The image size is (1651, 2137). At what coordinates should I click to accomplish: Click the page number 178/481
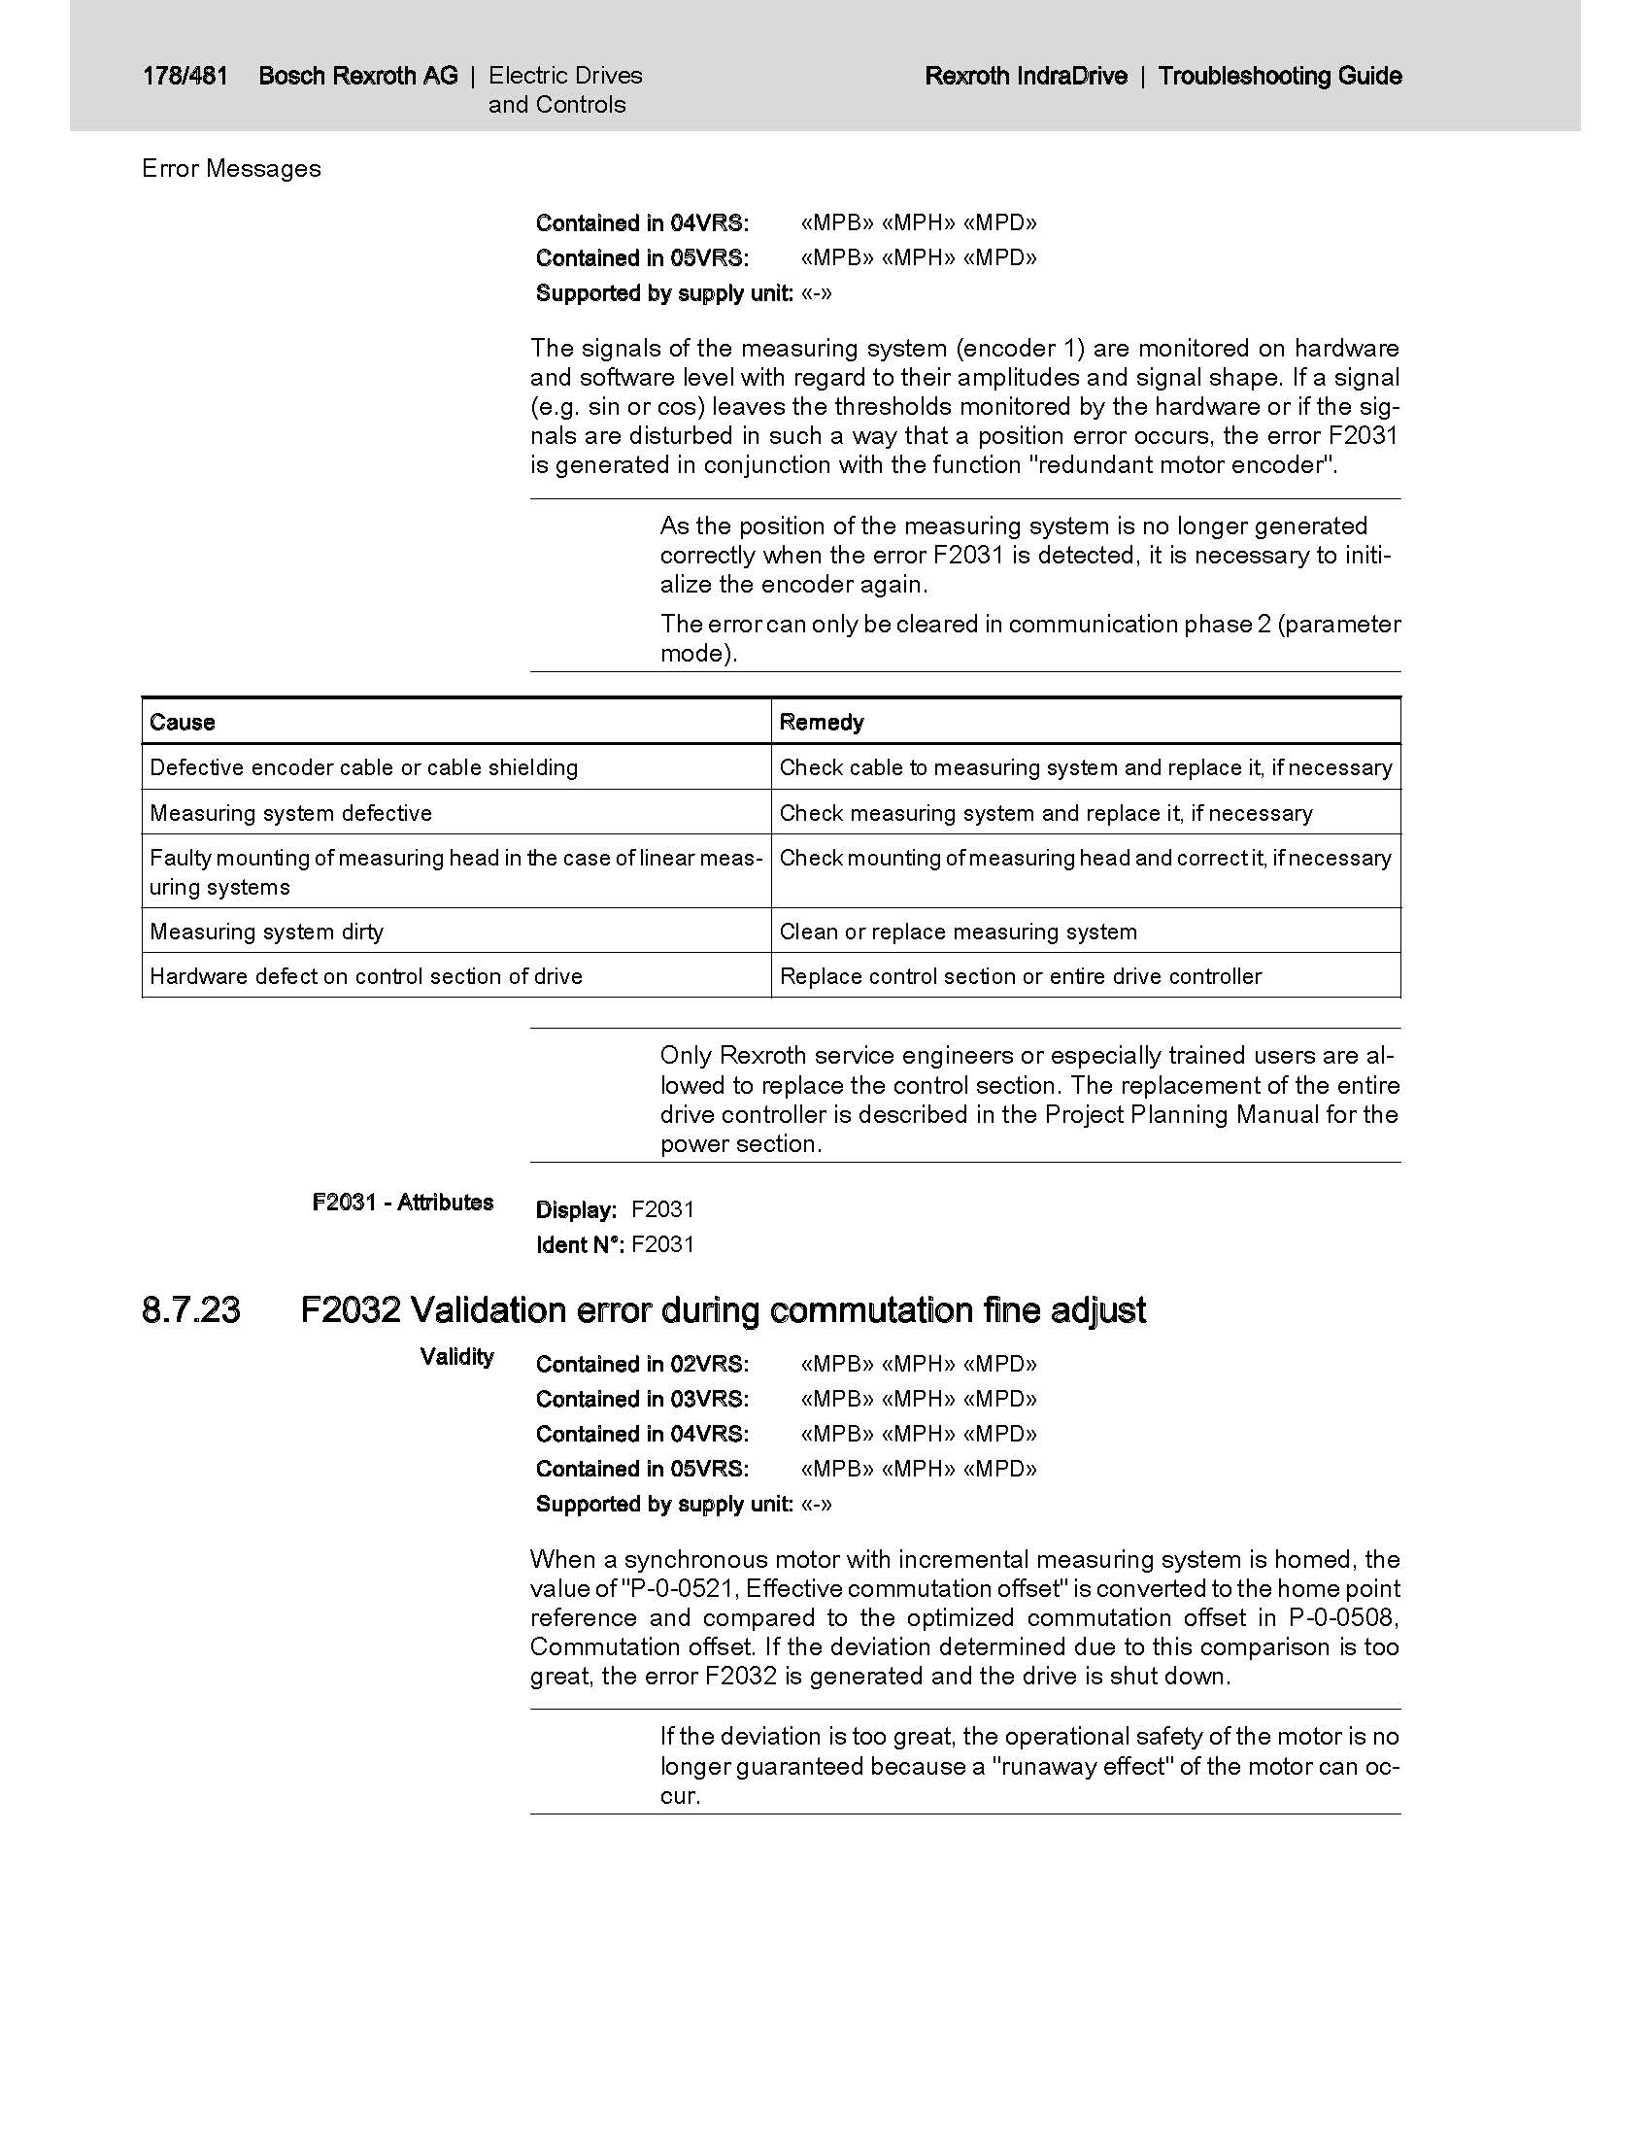point(184,76)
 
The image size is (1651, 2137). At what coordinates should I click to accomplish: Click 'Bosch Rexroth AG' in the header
point(358,76)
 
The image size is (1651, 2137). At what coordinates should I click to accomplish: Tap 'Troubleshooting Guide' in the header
point(1279,76)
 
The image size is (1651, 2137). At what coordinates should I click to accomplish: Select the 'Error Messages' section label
point(231,168)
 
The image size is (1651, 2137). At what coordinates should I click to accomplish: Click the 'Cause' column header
point(182,722)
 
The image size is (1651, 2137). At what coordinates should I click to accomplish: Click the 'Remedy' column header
point(822,722)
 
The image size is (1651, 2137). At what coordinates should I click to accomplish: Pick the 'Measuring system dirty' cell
point(266,932)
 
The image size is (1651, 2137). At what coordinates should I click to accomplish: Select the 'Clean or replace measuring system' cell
point(958,932)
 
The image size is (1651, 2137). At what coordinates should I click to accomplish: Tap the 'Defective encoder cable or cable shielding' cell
point(363,767)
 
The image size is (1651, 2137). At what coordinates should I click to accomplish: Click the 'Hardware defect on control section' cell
point(366,976)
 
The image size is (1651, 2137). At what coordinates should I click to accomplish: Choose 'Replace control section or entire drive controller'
point(1020,976)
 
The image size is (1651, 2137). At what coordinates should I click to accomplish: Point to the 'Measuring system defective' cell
point(290,813)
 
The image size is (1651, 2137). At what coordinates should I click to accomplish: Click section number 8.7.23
point(190,1310)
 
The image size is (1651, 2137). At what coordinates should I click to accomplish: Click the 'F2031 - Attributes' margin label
point(403,1203)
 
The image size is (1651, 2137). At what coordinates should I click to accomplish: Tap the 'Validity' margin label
point(456,1357)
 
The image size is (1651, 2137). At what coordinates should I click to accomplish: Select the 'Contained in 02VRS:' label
point(642,1364)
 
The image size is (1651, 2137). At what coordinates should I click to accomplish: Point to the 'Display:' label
point(576,1210)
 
